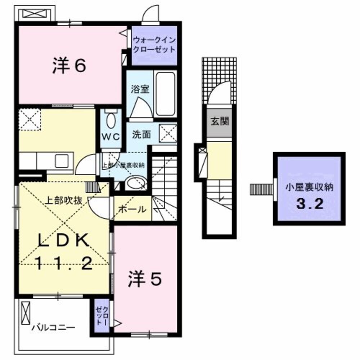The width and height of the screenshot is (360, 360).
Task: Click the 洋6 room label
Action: click(x=69, y=66)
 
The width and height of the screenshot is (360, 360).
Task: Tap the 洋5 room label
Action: click(x=144, y=279)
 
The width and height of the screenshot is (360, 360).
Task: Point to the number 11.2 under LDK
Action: click(x=64, y=265)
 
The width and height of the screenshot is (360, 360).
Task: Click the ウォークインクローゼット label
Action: click(x=154, y=45)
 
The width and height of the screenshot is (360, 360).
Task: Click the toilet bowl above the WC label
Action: click(x=111, y=120)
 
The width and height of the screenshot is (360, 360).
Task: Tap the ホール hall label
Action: click(x=132, y=209)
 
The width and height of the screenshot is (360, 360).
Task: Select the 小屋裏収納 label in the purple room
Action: click(x=309, y=187)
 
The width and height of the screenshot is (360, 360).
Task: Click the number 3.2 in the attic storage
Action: click(x=309, y=204)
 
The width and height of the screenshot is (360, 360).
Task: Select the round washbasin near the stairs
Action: click(x=136, y=183)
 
